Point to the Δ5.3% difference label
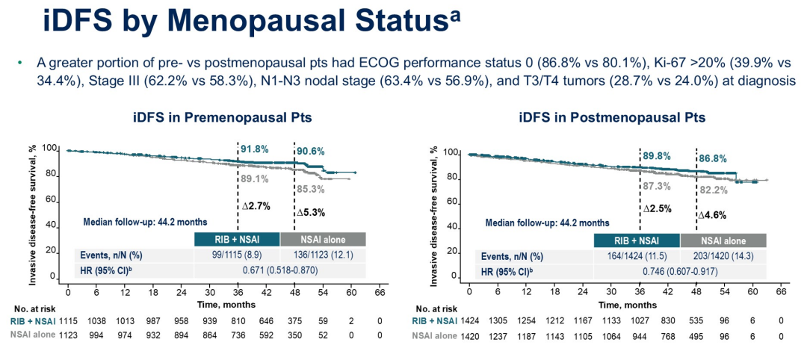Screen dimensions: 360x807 (312, 212)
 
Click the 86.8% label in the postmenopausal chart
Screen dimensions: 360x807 (712, 158)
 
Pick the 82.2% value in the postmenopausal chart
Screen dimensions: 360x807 (713, 190)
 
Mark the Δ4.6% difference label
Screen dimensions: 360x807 (713, 215)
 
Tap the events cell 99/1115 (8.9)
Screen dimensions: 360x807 (237, 254)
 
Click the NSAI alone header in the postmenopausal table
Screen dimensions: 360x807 (723, 240)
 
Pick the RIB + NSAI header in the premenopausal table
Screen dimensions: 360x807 (237, 239)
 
